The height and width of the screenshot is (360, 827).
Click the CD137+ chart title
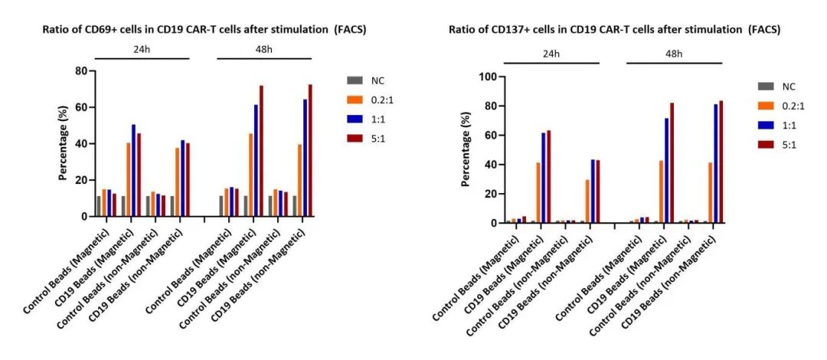coord(615,31)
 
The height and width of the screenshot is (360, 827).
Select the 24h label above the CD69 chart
coord(142,48)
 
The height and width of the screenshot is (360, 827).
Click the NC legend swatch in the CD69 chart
coord(355,80)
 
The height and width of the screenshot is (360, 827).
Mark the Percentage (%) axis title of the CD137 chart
coord(466,150)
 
